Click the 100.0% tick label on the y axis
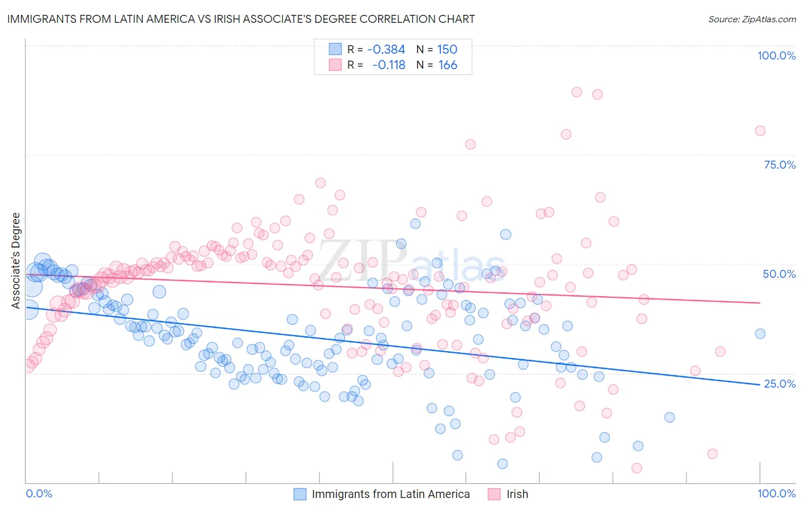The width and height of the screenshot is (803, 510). pos(776,55)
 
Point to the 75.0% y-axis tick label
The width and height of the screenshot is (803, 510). pos(780,165)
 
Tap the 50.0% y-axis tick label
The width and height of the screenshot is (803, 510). pos(779,274)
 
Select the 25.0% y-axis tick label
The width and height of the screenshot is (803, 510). pos(780,383)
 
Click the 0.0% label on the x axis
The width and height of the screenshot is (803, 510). pos(39,493)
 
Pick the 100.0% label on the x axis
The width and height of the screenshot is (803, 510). pos(776,493)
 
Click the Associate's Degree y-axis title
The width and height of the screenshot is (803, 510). pos(16,261)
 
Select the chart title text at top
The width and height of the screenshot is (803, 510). pos(241,19)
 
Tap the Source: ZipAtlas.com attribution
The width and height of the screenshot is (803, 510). pos(752,19)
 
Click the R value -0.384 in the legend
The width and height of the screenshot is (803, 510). pos(386,49)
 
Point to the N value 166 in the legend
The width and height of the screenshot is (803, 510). pos(448,65)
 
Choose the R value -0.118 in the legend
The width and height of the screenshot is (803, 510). pos(388,65)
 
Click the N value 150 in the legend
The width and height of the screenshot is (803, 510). pos(447,49)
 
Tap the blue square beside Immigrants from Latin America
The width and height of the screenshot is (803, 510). pos(300,494)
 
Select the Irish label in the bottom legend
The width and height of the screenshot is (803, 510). pos(517,494)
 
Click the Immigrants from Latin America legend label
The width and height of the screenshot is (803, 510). pos(391,494)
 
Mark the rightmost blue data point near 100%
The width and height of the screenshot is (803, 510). pos(760,334)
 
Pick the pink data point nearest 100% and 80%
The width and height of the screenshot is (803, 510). pos(760,131)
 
